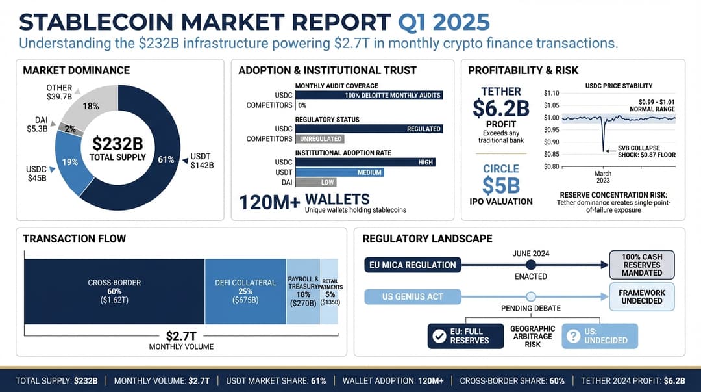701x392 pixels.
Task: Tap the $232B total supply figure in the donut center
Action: (x=117, y=143)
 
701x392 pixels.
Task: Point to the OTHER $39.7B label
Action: (x=60, y=92)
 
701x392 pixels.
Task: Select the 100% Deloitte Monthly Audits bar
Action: (x=369, y=95)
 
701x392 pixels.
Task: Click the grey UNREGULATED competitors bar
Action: (x=319, y=138)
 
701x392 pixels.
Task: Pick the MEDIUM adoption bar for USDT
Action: (x=339, y=172)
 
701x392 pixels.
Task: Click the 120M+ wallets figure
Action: (x=270, y=202)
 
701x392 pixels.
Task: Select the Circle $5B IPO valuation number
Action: (x=500, y=185)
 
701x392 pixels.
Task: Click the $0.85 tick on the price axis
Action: (x=551, y=154)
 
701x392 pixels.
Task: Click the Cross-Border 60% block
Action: (x=114, y=291)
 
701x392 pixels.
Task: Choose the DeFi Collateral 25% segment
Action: (x=245, y=291)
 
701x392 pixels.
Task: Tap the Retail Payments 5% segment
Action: (x=330, y=291)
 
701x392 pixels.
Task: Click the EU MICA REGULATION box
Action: (x=413, y=265)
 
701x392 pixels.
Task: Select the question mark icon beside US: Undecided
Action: (x=573, y=336)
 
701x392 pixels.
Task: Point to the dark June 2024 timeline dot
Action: (x=530, y=265)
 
